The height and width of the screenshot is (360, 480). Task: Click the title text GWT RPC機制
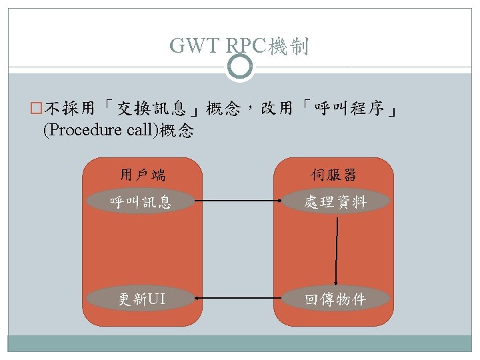[239, 45]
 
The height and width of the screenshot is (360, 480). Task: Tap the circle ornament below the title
[240, 67]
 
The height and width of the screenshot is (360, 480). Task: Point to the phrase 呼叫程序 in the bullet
[351, 109]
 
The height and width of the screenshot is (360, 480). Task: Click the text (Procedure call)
[99, 131]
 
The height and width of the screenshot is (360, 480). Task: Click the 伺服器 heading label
[333, 175]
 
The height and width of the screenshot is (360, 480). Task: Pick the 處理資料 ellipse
[334, 201]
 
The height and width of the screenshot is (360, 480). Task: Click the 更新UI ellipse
[141, 299]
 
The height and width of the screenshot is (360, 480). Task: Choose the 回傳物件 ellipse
[334, 299]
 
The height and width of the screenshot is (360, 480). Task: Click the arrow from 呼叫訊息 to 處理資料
[237, 201]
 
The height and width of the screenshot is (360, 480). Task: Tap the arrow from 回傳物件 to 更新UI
[237, 299]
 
